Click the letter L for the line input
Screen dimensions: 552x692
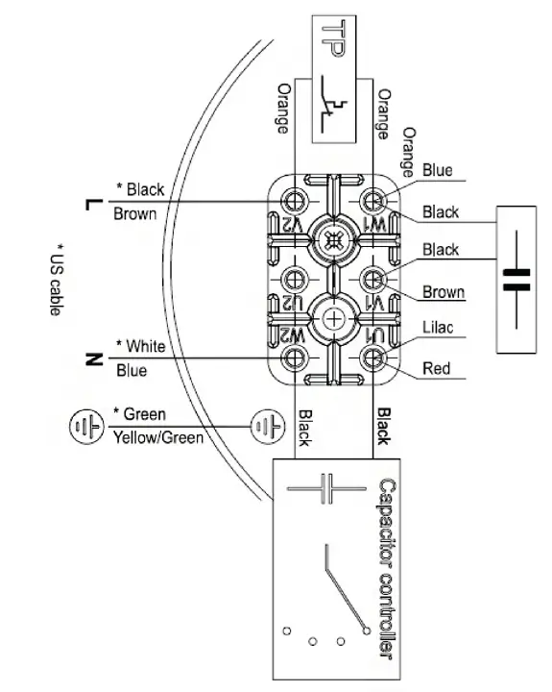point(93,205)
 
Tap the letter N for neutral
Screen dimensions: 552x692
point(93,359)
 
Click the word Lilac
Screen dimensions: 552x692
point(438,328)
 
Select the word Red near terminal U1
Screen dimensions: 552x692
point(436,368)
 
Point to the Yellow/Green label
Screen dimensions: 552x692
point(158,438)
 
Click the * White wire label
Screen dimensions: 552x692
point(141,346)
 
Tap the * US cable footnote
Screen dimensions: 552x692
point(56,280)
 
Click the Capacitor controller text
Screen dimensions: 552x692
point(387,569)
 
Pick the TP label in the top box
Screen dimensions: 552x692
point(332,38)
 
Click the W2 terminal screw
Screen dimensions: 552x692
point(293,357)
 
